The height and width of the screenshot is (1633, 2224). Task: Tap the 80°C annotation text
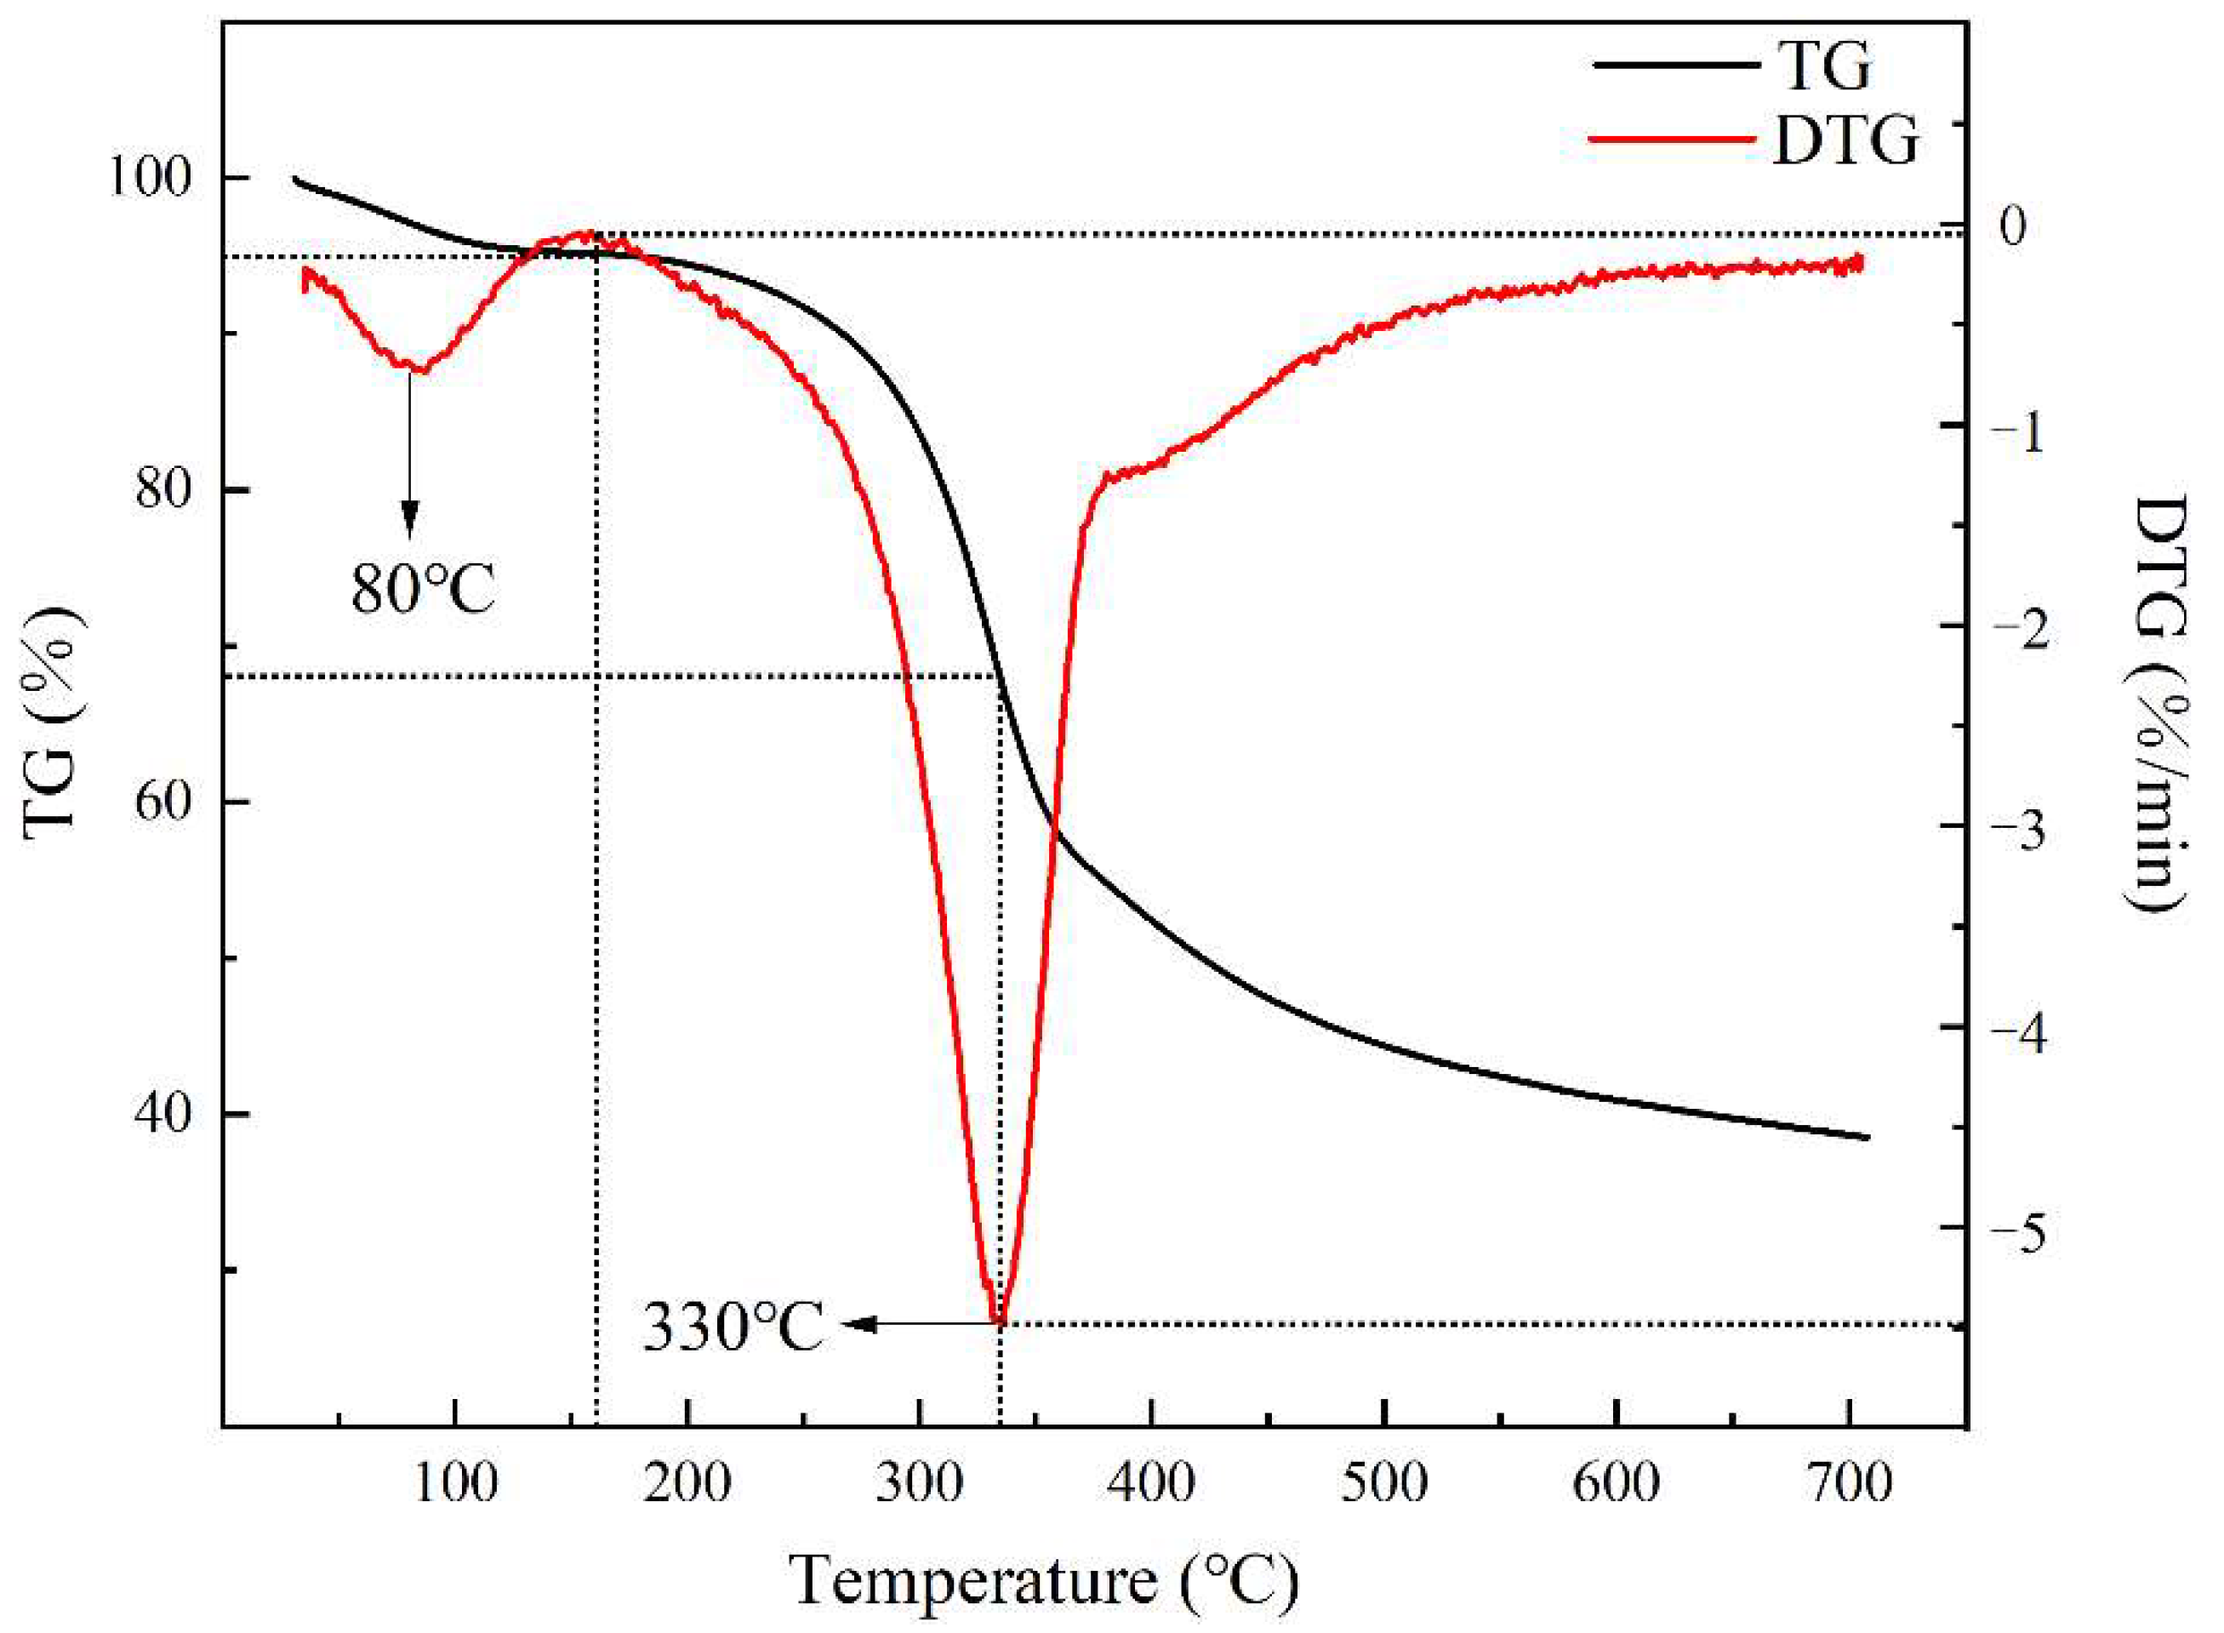click(x=422, y=590)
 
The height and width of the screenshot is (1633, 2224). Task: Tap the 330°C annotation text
click(x=733, y=1328)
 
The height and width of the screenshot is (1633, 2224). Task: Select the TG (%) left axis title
click(x=54, y=722)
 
